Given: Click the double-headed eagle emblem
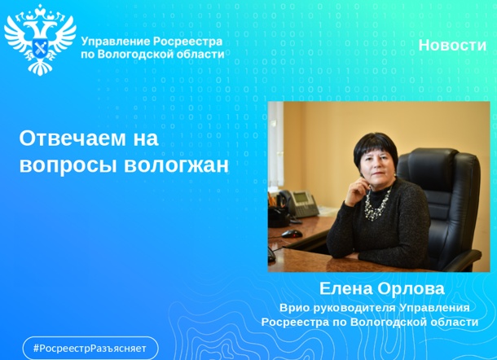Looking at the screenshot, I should click(x=40, y=39).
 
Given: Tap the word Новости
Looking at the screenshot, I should click(x=452, y=46).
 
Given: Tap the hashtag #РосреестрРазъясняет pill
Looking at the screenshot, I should click(x=90, y=348).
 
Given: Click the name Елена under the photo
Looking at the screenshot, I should click(x=345, y=289).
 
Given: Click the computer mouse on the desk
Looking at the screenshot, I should click(x=292, y=234).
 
